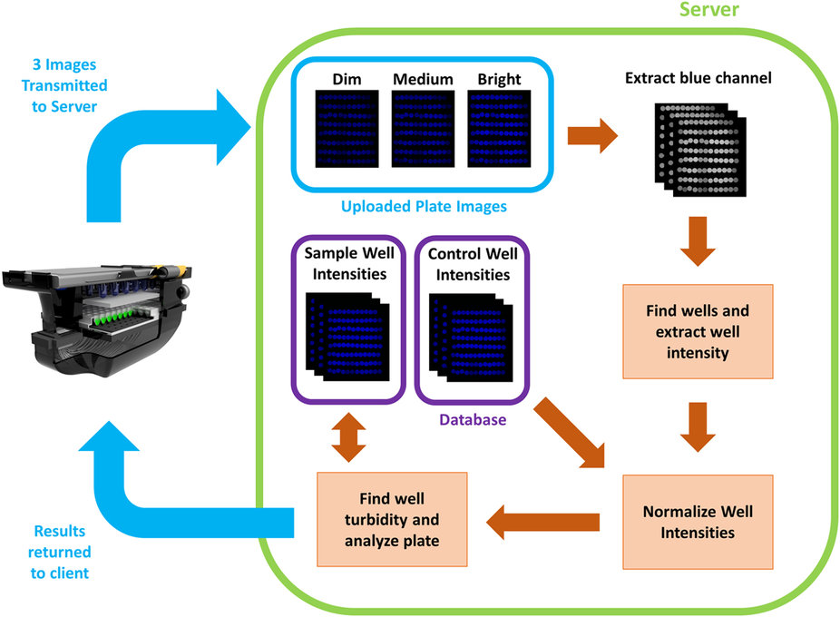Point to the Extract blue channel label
(698, 79)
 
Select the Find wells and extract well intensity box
(698, 331)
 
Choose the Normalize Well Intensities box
(698, 522)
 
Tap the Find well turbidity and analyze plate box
(392, 521)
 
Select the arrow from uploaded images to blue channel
(591, 137)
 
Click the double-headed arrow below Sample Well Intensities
(348, 440)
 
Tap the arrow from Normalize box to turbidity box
(543, 522)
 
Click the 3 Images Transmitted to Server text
(66, 86)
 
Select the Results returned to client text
(61, 552)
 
